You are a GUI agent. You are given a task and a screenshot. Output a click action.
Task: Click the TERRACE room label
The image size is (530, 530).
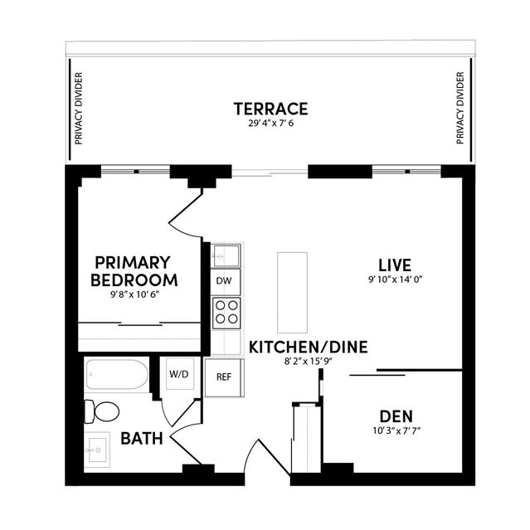point(270,109)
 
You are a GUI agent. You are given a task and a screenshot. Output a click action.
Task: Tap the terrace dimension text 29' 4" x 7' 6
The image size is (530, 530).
point(271,124)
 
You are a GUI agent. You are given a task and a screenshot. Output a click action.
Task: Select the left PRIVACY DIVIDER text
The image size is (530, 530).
point(79,108)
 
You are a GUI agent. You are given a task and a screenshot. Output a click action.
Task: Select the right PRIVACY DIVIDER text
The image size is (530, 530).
point(460,108)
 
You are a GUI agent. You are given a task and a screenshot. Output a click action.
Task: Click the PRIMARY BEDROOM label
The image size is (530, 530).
point(134,271)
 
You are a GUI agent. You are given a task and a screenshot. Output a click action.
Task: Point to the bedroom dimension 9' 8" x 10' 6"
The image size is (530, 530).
point(134,294)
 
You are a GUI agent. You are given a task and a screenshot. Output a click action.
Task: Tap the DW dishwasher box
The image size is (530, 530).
point(225,281)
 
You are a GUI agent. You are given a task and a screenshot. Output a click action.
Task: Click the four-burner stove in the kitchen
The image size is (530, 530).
point(226,313)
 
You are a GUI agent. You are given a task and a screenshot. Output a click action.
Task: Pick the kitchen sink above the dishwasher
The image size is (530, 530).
point(226,255)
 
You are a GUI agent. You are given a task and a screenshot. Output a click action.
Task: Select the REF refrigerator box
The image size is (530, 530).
point(224,377)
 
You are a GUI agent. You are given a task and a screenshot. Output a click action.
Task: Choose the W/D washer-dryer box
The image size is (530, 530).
point(179,374)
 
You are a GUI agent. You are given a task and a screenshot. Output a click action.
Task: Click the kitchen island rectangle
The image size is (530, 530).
point(293,293)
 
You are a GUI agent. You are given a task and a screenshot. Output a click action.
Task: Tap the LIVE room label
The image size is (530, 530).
point(395,265)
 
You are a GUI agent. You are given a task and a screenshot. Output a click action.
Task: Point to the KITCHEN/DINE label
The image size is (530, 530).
point(309,348)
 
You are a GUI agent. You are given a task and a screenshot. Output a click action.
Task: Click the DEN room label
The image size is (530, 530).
point(396,416)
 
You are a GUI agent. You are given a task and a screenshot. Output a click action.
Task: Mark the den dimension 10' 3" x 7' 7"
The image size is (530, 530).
point(396,431)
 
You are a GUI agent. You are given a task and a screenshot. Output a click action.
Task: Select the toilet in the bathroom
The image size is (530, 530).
point(101,411)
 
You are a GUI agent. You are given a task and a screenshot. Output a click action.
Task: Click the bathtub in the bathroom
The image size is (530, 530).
point(117,375)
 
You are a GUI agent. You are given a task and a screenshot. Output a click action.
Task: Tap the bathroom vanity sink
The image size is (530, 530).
point(97,450)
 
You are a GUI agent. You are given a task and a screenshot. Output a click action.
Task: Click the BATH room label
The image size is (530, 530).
point(142,439)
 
